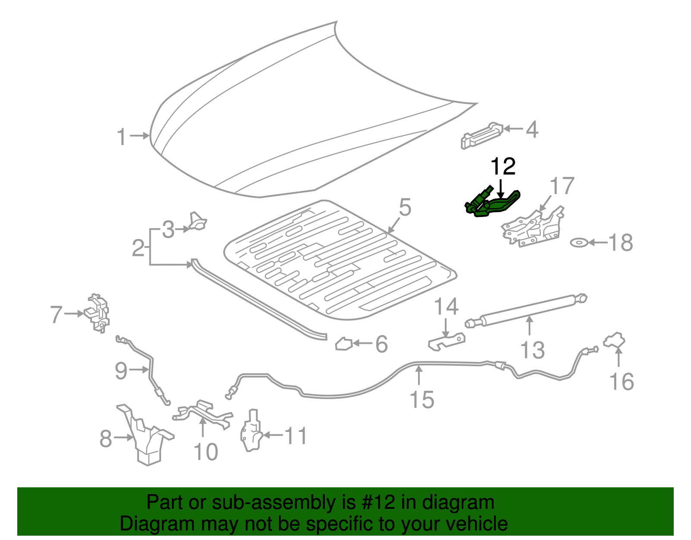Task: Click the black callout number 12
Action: point(503,167)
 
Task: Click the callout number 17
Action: point(562,186)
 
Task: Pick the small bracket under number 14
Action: point(447,341)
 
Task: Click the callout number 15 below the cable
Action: point(422,399)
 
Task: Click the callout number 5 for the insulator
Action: point(405,208)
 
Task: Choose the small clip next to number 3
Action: point(198,221)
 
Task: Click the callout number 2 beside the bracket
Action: point(138,248)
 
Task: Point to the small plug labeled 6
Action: point(344,344)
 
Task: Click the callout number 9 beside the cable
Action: point(121,371)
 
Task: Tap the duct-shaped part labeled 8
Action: point(146,437)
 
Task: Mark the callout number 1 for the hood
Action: point(122,137)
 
